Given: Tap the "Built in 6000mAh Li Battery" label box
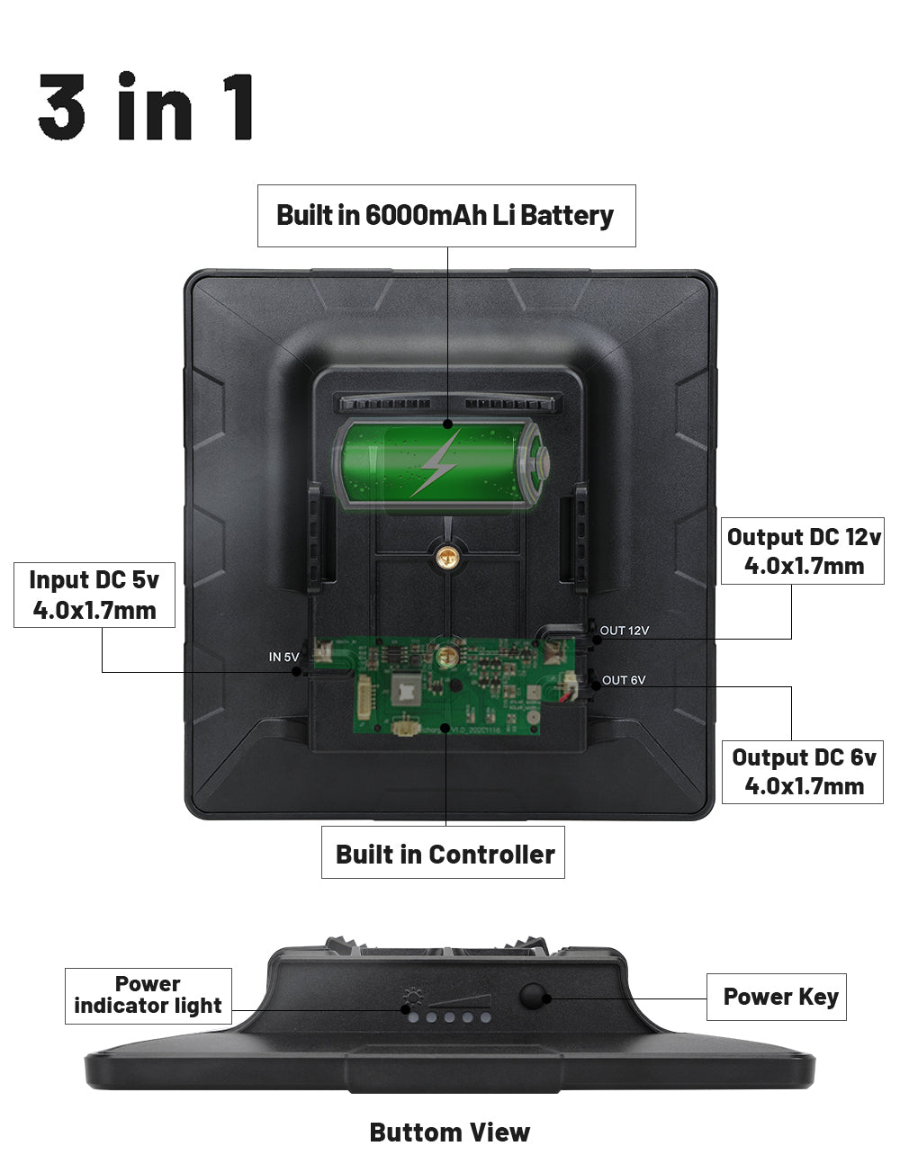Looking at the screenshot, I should point(445,216).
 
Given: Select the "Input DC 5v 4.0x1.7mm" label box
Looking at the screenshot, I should point(94,595).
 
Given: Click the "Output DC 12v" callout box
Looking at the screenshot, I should point(803,551).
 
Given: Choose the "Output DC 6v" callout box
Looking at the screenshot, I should point(803,771).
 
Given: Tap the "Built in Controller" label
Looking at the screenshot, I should point(444,854).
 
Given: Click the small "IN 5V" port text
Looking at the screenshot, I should point(283,657).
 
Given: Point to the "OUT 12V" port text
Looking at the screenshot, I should point(624,631).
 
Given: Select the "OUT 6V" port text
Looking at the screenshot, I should point(623,680).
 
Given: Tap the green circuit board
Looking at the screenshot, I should point(450,684).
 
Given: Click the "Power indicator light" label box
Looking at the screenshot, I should point(148,995).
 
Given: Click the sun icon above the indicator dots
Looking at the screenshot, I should point(413,996).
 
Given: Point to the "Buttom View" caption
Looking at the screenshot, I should point(449,1133).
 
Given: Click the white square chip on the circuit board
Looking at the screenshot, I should point(404,690).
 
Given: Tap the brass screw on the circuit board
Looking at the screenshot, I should point(441,656).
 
